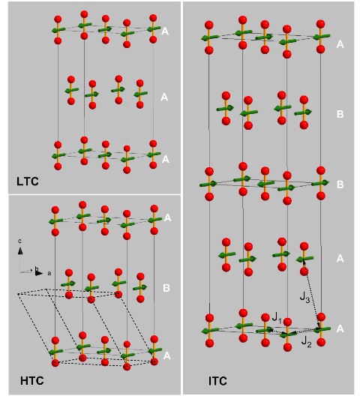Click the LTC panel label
click(28, 181)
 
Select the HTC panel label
click(31, 381)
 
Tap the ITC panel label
click(217, 381)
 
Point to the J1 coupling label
click(277, 318)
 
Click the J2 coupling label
click(306, 341)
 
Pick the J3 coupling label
click(304, 297)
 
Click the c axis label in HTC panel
click(19, 241)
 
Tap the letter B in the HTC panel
click(166, 288)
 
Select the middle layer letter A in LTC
click(164, 97)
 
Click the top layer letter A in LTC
click(165, 31)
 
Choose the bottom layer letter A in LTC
click(165, 159)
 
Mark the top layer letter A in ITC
click(340, 44)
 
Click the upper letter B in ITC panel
click(340, 114)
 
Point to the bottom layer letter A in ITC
click(340, 329)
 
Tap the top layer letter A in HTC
click(167, 217)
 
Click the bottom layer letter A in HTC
click(166, 355)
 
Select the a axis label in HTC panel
click(49, 273)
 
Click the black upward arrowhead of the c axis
click(20, 251)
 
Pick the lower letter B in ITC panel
click(340, 184)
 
